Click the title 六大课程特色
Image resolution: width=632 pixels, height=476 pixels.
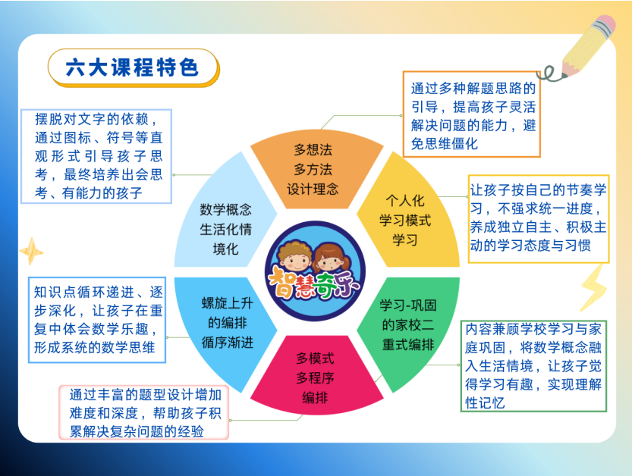(x=132, y=67)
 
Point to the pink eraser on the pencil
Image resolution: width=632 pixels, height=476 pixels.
(x=605, y=24)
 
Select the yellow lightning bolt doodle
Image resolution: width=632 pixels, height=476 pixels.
(x=594, y=287)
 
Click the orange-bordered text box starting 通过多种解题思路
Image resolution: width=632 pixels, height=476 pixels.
(x=472, y=114)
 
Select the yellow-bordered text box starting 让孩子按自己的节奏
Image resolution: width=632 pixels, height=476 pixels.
(x=539, y=219)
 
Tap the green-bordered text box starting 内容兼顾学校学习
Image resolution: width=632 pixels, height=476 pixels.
(x=533, y=366)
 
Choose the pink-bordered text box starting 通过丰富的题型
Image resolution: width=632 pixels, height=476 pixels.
(x=144, y=412)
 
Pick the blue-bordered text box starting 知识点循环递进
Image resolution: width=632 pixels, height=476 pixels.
(x=97, y=320)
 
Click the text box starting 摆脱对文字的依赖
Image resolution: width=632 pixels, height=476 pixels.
(x=96, y=156)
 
